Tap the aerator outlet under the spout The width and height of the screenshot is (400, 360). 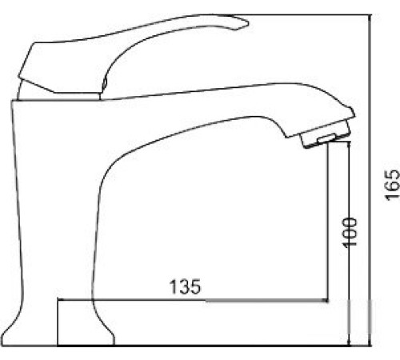coord(325,142)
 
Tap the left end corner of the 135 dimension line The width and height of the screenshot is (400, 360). coord(59,302)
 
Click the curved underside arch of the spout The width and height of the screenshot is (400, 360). coord(184,136)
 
